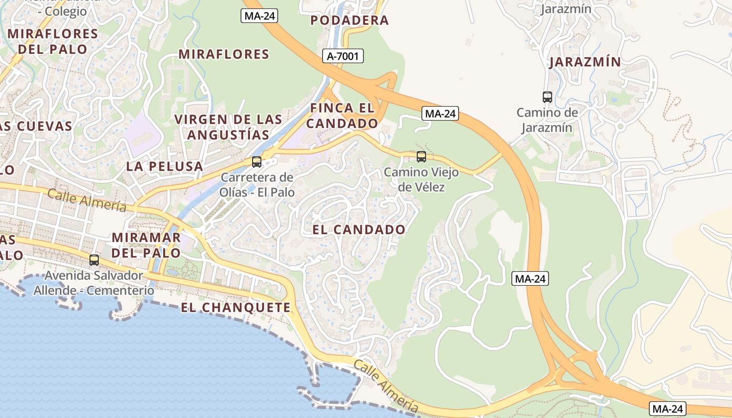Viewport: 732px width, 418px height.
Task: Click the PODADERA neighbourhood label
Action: pos(349,20)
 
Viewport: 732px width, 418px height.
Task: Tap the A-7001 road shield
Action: pos(342,56)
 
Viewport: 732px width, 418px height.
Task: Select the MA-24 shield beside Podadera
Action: pos(260,16)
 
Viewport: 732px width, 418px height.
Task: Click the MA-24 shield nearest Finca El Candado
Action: pos(440,113)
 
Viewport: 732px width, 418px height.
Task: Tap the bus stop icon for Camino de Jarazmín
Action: pos(547,97)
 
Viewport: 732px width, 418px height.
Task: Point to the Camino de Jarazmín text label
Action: pos(547,120)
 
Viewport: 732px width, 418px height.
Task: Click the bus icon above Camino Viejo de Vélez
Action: pos(421,156)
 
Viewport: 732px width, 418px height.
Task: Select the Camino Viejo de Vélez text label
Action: pos(421,179)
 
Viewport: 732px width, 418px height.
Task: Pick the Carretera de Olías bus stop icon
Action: pos(256,161)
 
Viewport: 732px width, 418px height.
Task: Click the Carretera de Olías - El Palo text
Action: pos(257,184)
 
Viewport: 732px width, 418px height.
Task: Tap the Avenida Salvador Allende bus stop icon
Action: pos(94,260)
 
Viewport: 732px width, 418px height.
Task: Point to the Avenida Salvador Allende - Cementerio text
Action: pos(94,283)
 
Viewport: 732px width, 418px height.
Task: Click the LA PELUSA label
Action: pos(164,166)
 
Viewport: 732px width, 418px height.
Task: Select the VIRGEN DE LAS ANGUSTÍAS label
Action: pos(228,126)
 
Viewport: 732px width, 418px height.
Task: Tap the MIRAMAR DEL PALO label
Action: pos(146,245)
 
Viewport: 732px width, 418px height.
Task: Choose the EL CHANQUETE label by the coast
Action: pos(235,307)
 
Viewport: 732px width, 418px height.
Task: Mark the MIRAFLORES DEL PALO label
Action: pos(53,41)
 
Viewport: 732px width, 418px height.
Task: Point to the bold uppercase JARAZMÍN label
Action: pos(585,62)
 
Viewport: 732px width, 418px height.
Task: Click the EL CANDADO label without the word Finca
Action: pos(359,229)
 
